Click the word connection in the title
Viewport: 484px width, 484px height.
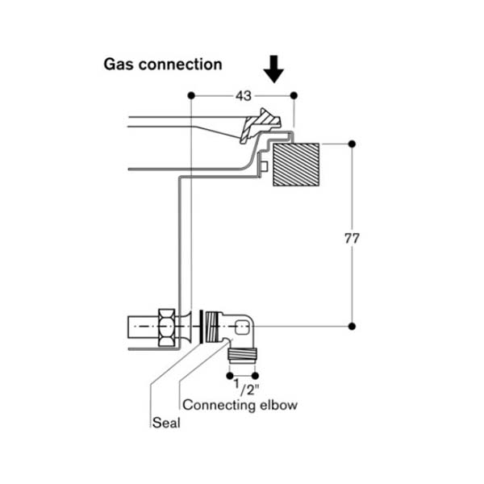click(179, 64)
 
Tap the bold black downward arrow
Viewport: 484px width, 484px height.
click(275, 70)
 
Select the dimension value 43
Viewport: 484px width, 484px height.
click(243, 95)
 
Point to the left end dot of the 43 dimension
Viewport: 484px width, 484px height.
click(190, 95)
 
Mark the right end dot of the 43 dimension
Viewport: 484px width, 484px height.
click(293, 95)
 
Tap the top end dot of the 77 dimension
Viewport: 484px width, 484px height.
click(352, 143)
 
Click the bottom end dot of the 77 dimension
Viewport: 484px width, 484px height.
click(352, 326)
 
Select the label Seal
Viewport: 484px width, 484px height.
click(165, 422)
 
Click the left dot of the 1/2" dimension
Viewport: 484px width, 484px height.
click(231, 375)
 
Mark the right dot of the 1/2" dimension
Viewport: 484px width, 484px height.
click(256, 375)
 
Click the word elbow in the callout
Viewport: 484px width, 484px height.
click(278, 405)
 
